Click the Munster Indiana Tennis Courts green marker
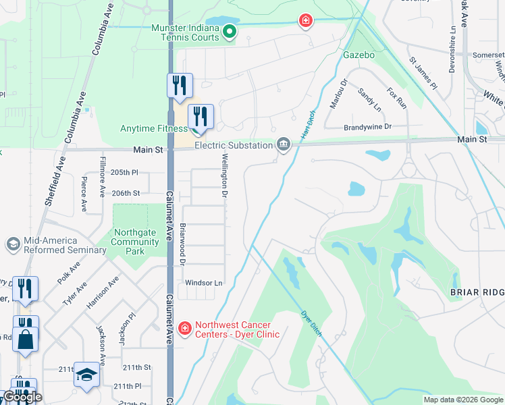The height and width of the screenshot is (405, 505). click(x=230, y=31)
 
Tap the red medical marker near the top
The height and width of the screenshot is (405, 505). click(x=306, y=21)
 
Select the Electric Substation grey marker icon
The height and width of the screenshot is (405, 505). click(x=284, y=144)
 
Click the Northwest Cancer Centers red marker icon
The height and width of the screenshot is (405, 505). click(x=184, y=328)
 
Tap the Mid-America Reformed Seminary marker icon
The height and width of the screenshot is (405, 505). click(x=12, y=244)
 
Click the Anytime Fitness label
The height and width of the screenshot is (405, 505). click(x=153, y=128)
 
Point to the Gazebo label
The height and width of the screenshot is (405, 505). click(x=358, y=53)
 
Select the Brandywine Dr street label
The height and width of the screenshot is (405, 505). click(x=367, y=126)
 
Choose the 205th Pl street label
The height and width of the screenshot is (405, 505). click(x=124, y=173)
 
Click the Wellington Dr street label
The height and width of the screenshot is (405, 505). click(x=223, y=175)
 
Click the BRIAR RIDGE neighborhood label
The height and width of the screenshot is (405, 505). click(x=476, y=292)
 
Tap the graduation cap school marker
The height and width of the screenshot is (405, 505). click(x=86, y=375)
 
